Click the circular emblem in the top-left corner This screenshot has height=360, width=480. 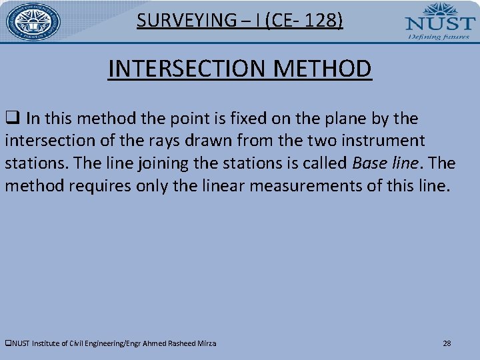click(33, 21)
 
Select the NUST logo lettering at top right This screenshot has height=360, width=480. click(440, 23)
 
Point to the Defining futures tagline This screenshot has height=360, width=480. click(439, 37)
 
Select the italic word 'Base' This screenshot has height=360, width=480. click(370, 163)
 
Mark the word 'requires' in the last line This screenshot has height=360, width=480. click(86, 186)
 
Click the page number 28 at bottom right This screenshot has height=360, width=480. click(447, 343)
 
